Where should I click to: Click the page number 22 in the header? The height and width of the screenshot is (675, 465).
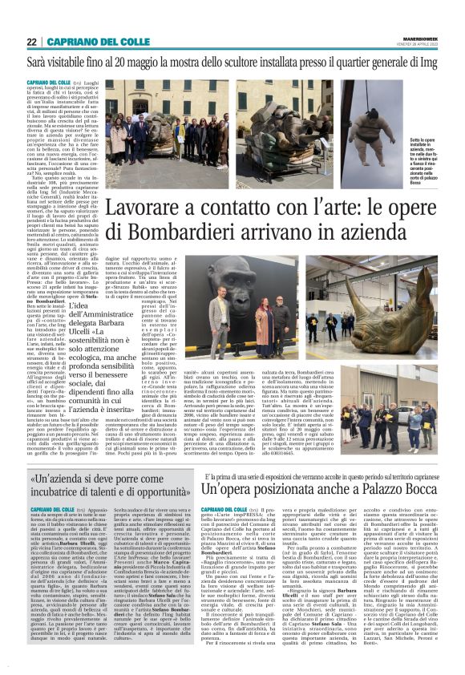(x=32, y=42)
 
